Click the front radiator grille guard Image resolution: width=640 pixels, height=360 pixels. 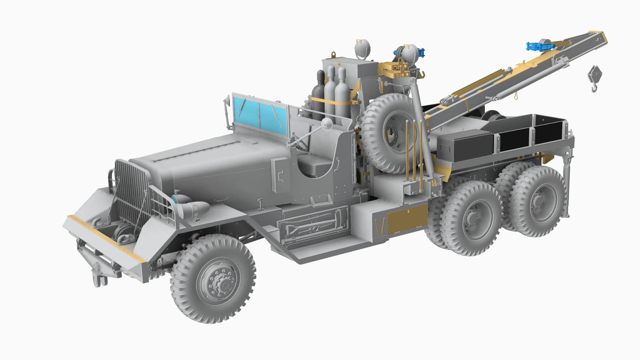pos(132,193)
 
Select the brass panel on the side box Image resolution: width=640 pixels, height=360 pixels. pos(407,219)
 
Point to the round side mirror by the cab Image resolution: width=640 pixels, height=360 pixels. pos(327,125)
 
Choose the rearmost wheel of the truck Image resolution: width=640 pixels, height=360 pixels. pos(538,201)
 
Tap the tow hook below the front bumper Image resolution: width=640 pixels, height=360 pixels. pos(98,278)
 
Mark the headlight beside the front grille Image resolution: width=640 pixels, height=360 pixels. pos(195,209)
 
